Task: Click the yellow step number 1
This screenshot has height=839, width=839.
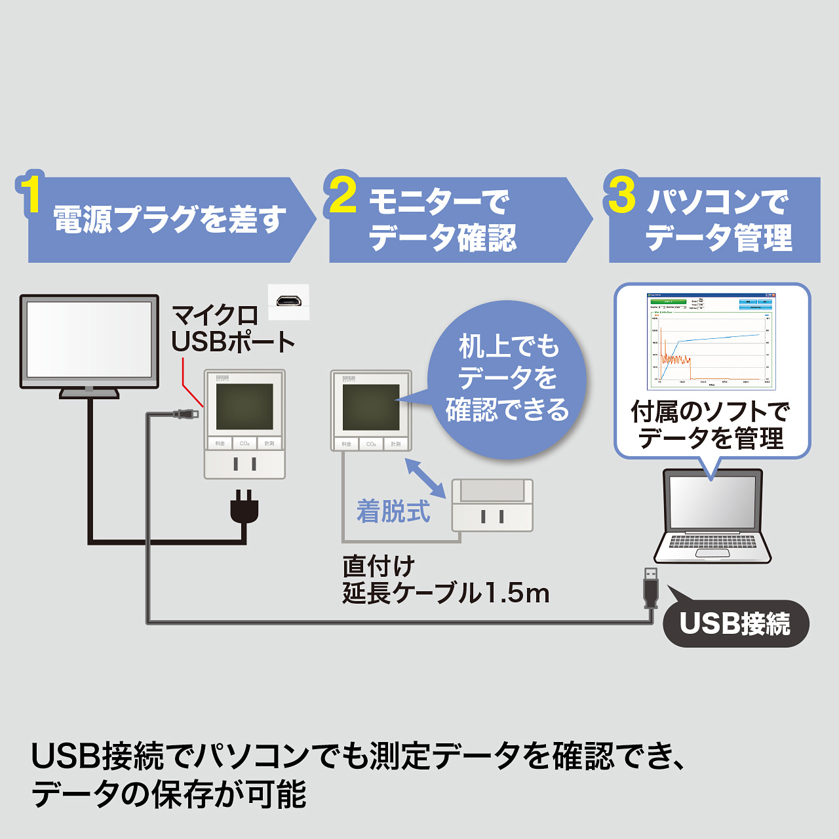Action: (x=30, y=193)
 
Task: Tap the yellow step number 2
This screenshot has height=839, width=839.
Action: (x=343, y=194)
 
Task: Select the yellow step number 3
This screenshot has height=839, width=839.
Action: (x=621, y=194)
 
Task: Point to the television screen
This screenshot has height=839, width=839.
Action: (x=89, y=340)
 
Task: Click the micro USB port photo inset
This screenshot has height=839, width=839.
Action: (x=288, y=302)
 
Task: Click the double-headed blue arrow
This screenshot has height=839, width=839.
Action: (x=425, y=477)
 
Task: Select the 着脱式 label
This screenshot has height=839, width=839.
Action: (x=393, y=511)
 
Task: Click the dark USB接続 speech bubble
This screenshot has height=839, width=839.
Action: (x=735, y=623)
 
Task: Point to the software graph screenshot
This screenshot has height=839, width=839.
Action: (x=711, y=340)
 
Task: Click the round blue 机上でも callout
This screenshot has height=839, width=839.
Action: (x=506, y=379)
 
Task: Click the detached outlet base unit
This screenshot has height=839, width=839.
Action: (x=492, y=505)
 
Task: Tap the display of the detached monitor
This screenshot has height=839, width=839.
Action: (x=371, y=407)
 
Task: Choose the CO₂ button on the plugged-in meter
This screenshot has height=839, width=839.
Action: (x=244, y=444)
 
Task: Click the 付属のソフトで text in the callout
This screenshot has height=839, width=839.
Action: (x=710, y=412)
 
